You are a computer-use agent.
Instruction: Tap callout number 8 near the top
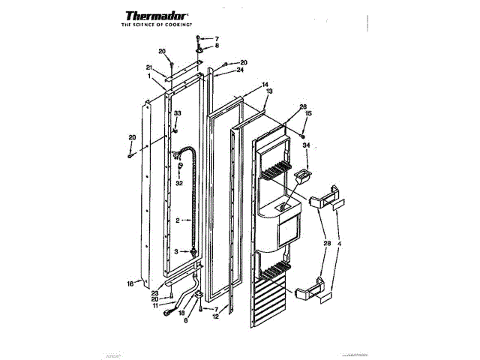click(x=217, y=46)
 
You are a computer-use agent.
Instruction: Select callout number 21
click(x=150, y=67)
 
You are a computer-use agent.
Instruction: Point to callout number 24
click(x=240, y=71)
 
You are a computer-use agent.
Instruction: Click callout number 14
click(x=265, y=85)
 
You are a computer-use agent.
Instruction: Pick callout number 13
click(x=269, y=91)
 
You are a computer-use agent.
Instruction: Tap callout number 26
click(x=303, y=106)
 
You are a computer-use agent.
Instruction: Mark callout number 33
click(x=178, y=113)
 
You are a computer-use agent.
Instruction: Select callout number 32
click(x=179, y=182)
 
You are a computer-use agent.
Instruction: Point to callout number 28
click(x=327, y=243)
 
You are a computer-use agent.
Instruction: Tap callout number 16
click(x=130, y=284)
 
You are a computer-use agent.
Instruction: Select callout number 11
click(x=154, y=305)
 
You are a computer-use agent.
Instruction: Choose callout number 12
click(x=215, y=317)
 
